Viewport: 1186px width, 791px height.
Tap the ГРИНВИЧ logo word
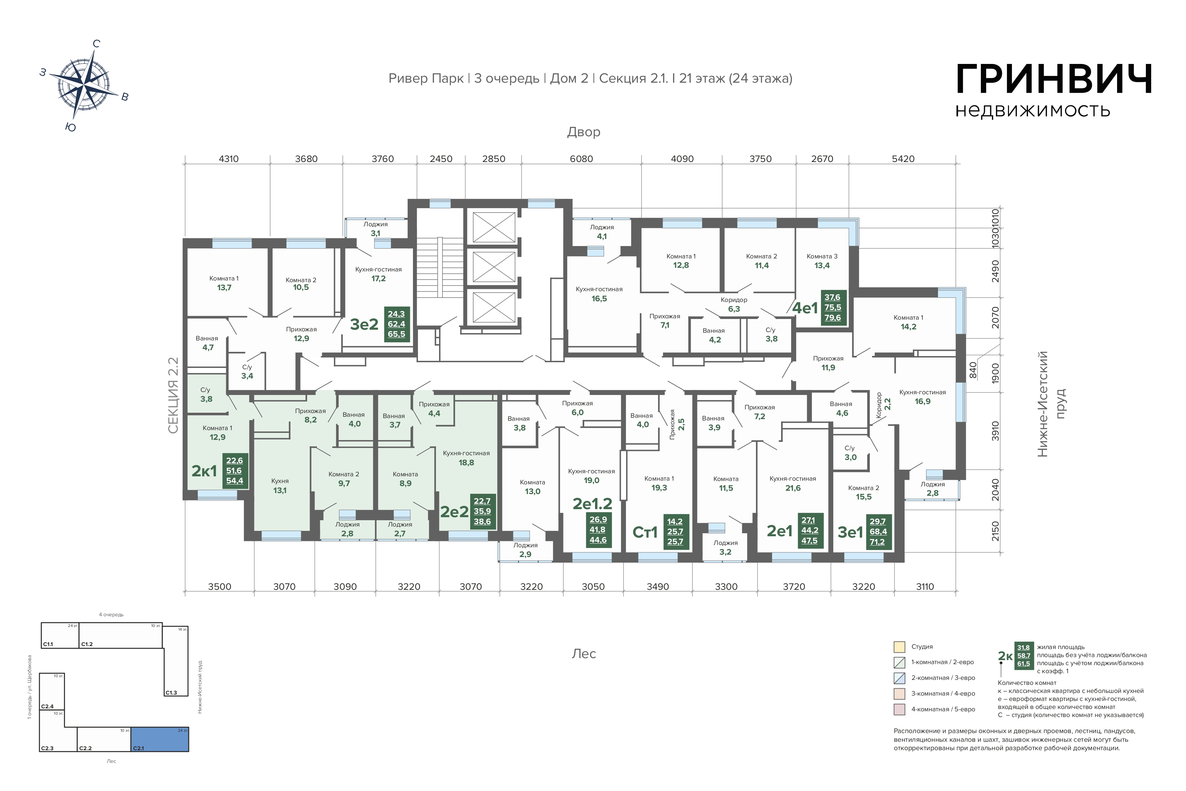[x=1054, y=80]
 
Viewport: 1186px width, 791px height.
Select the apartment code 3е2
[x=364, y=324]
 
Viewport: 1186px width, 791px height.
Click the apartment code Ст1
[x=645, y=532]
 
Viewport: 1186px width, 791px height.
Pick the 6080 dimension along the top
[x=581, y=159]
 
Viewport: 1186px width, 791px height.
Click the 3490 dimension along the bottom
[x=658, y=587]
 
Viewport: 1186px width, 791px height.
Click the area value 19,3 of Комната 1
[x=659, y=488]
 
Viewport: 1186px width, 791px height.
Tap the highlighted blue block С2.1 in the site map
[x=160, y=739]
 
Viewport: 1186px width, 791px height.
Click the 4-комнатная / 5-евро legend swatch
[x=899, y=709]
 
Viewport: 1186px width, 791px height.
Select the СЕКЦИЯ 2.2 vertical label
[x=173, y=396]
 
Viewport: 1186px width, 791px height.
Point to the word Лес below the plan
[x=584, y=654]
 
